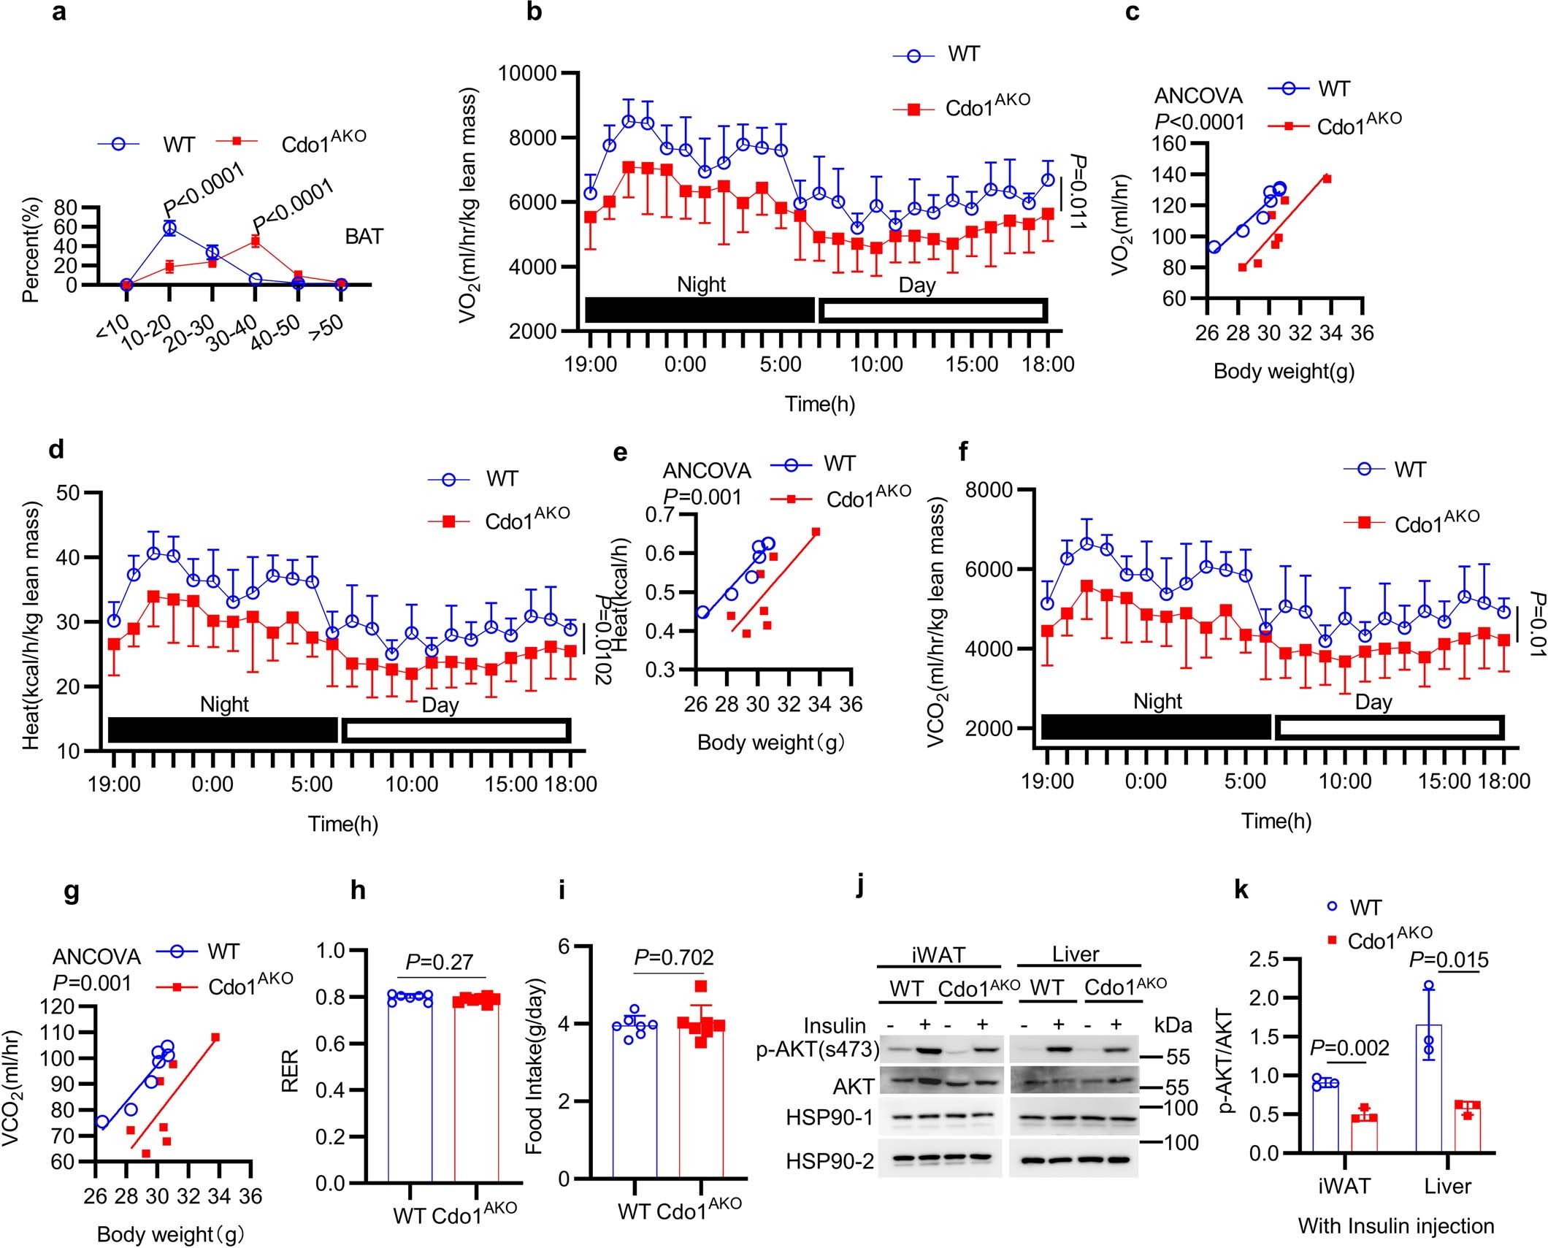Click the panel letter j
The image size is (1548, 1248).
click(862, 893)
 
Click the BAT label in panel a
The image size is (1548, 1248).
click(364, 237)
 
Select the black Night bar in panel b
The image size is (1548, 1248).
click(699, 310)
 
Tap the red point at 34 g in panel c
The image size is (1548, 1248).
click(1327, 179)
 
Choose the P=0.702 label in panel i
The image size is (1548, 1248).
click(673, 957)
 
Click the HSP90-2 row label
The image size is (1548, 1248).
click(829, 1161)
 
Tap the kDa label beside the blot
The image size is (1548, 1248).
click(1173, 1025)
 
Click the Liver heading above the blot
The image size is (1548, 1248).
click(1076, 954)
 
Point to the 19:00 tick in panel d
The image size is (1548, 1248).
click(115, 784)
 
